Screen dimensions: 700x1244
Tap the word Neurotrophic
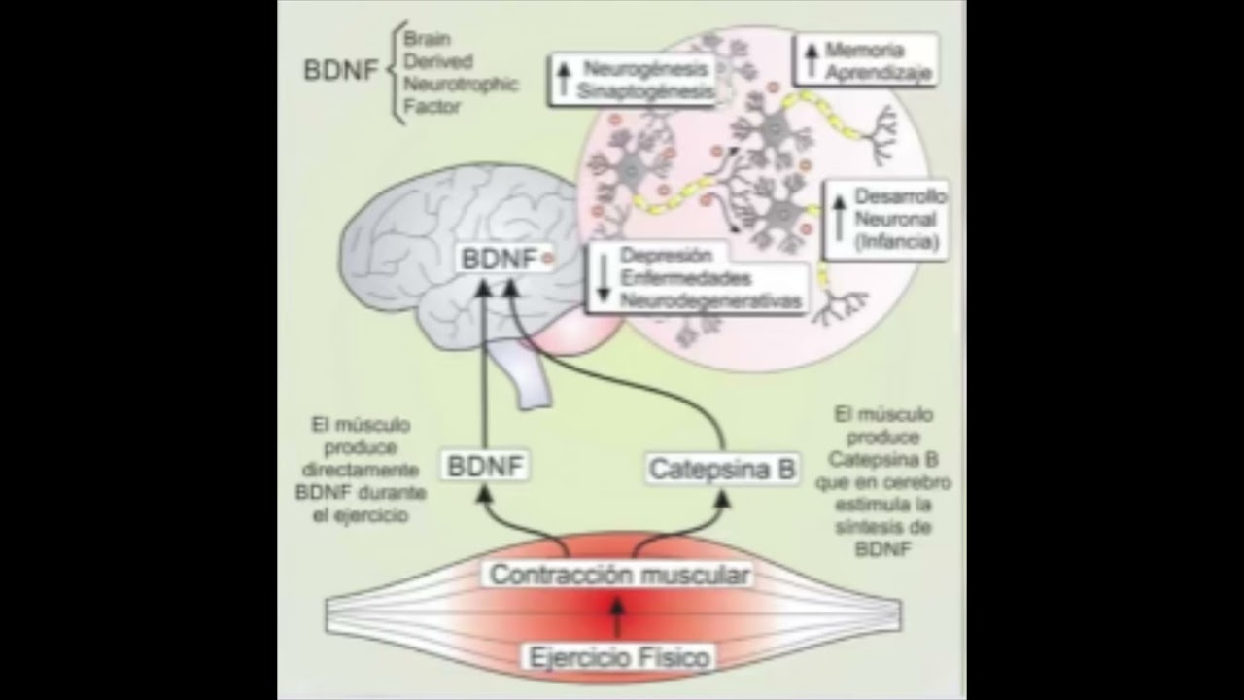pyautogui.click(x=461, y=84)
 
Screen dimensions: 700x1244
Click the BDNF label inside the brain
pyautogui.click(x=499, y=260)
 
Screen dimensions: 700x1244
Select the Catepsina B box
pyautogui.click(x=722, y=470)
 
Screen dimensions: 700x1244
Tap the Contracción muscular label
pyautogui.click(x=619, y=575)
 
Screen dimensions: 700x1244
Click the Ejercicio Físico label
pyautogui.click(x=619, y=657)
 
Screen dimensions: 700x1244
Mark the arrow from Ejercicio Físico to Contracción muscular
pyautogui.click(x=616, y=616)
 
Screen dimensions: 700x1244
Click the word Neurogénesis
pyautogui.click(x=645, y=69)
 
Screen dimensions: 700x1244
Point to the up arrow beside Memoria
pyautogui.click(x=811, y=59)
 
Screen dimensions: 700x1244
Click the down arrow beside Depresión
pyautogui.click(x=603, y=278)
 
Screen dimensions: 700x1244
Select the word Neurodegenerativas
pyautogui.click(x=710, y=300)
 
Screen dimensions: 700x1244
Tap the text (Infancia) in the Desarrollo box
pyautogui.click(x=899, y=243)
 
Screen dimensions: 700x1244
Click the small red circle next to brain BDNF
pyautogui.click(x=547, y=259)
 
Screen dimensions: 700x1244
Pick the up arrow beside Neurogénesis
pyautogui.click(x=563, y=79)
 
